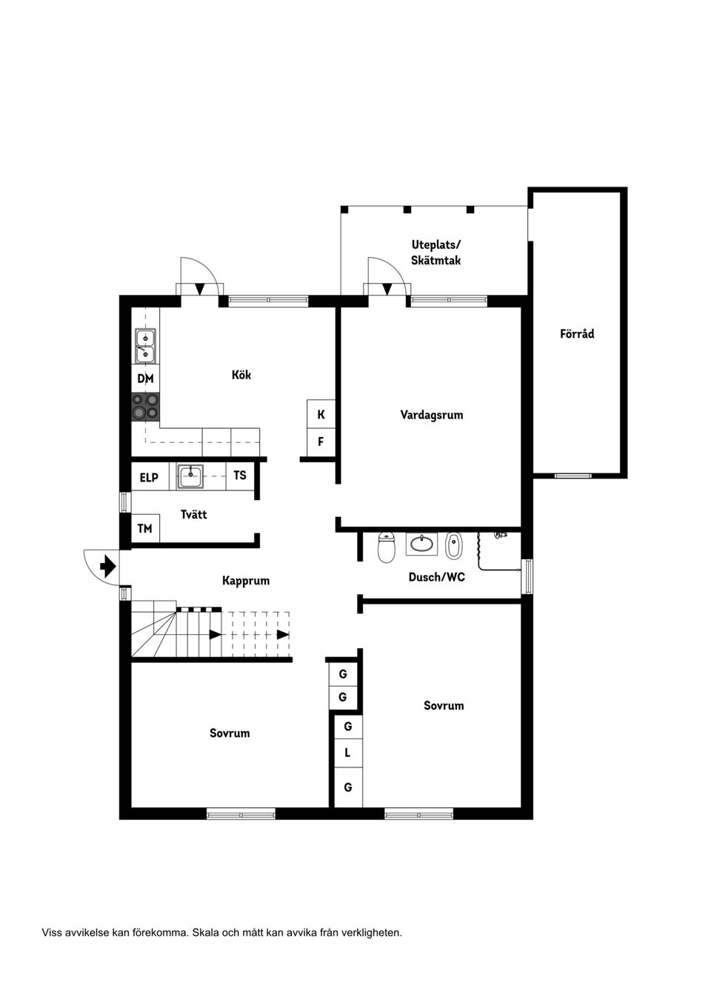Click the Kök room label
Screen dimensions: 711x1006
click(241, 375)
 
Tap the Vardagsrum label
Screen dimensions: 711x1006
click(431, 415)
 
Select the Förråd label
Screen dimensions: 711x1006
click(577, 333)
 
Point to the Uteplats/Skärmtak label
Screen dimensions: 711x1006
click(435, 253)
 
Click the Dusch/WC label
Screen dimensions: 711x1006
click(436, 576)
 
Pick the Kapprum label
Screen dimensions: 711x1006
click(246, 581)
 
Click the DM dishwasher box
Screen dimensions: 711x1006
click(145, 379)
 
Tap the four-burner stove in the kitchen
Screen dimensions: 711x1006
click(145, 407)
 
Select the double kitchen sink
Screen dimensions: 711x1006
click(145, 346)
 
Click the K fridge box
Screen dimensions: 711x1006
click(321, 414)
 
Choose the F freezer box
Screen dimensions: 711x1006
click(321, 442)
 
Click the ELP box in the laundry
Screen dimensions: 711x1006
click(150, 477)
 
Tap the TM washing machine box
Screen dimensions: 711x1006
click(145, 529)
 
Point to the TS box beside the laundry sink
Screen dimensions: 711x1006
click(240, 475)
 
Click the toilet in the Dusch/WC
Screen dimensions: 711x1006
click(386, 547)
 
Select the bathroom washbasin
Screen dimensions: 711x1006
click(421, 544)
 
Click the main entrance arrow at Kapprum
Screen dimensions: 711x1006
click(108, 566)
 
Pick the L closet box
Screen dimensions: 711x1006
click(348, 753)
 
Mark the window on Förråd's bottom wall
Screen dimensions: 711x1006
click(573, 476)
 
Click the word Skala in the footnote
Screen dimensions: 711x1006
click(204, 933)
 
